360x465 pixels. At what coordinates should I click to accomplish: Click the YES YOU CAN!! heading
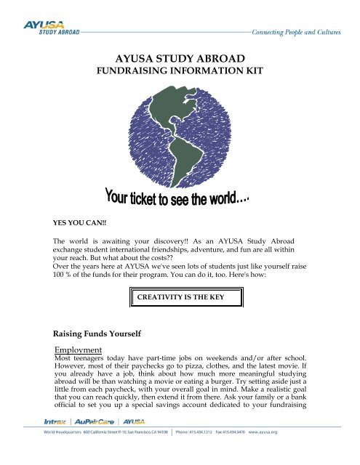[x=79, y=215]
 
